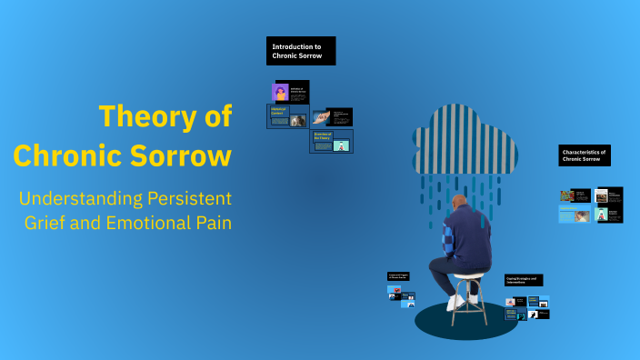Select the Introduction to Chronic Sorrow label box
click(301, 51)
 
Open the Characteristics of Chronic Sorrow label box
click(585, 155)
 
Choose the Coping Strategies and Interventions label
click(525, 280)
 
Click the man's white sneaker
click(455, 303)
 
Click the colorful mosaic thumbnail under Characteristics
click(567, 195)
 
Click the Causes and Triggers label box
click(398, 275)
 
